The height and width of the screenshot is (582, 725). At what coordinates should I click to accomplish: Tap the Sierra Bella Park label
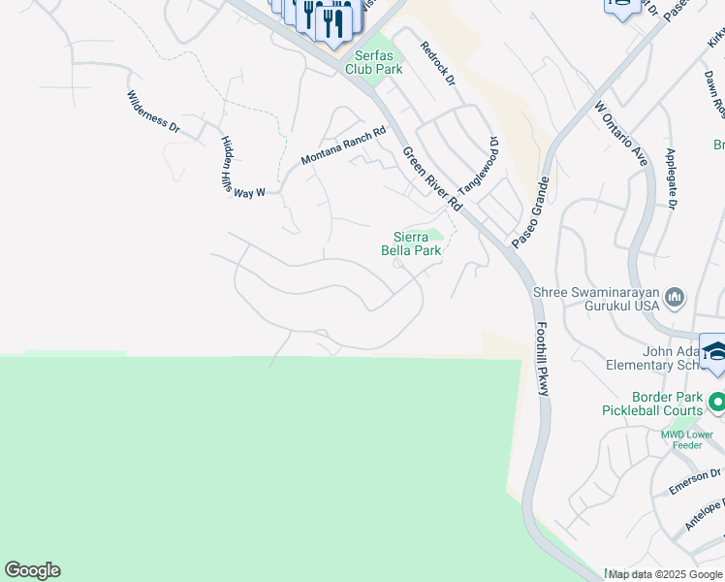[x=417, y=243]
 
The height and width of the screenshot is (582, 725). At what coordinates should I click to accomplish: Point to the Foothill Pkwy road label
[x=543, y=358]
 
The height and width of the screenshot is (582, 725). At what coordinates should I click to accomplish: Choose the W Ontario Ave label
[x=620, y=135]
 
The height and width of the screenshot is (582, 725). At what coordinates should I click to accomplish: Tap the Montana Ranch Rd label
[x=343, y=145]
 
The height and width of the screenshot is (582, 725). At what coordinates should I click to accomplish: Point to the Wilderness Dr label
[x=153, y=113]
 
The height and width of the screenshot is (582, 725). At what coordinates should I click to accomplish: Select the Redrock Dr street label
[x=437, y=65]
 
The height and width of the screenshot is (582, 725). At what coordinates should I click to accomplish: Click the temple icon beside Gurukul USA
[x=677, y=297]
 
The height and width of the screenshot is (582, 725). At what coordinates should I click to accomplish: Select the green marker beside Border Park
[x=717, y=400]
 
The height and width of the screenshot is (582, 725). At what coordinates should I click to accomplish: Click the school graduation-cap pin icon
[x=715, y=354]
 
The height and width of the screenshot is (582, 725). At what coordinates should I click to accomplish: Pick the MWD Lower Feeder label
[x=687, y=439]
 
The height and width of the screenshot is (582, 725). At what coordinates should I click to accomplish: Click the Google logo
[x=32, y=570]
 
